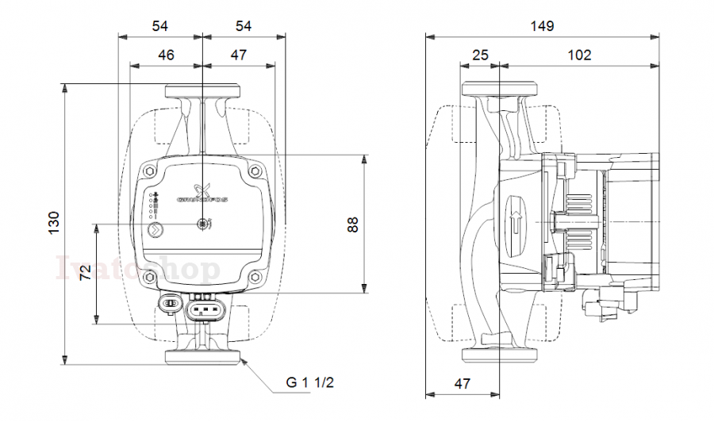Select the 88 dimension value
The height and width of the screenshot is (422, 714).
[x=354, y=224]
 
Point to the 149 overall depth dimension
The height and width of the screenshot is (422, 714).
[x=542, y=25]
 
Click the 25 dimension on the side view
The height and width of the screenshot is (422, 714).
[x=480, y=55]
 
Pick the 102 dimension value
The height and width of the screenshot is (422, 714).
[x=579, y=55]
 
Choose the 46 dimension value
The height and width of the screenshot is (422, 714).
[x=166, y=55]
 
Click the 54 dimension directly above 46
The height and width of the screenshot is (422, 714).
[x=160, y=25]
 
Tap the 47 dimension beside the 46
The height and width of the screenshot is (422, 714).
[x=239, y=55]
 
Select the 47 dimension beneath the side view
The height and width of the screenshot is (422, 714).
[x=462, y=383]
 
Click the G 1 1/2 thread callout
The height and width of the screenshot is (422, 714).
[x=310, y=383]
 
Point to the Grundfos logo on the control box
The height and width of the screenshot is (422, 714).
[x=202, y=194]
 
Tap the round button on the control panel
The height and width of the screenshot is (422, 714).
[x=154, y=231]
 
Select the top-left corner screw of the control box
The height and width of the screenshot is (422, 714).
[x=152, y=170]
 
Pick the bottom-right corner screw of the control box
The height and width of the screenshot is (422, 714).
[x=255, y=278]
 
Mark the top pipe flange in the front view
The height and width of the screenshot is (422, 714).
[x=202, y=92]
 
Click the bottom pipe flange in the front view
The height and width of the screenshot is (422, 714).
[x=202, y=356]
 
